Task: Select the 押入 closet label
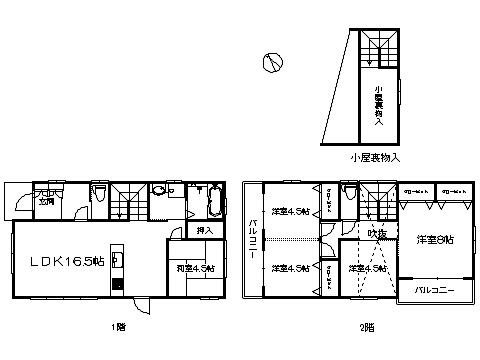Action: [x=204, y=230]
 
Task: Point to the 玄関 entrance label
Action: [x=46, y=201]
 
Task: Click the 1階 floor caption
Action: [x=119, y=326]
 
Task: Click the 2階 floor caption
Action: [x=351, y=326]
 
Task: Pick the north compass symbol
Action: [x=268, y=63]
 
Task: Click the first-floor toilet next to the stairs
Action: [x=99, y=194]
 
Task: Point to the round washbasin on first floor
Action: [x=159, y=193]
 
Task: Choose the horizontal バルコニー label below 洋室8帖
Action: [x=436, y=290]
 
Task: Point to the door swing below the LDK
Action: [x=143, y=308]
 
